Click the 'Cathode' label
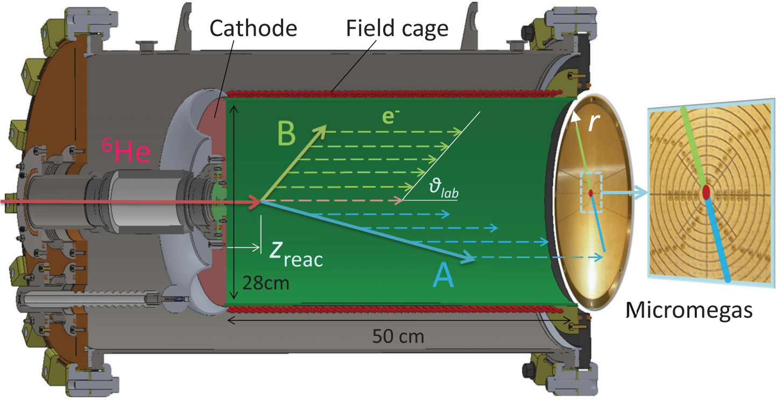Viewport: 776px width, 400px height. point(253,28)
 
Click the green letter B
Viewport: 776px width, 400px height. point(286,134)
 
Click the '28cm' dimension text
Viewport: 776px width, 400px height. point(266,282)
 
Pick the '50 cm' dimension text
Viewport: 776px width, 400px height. point(398,337)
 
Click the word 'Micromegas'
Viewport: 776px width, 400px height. point(691,310)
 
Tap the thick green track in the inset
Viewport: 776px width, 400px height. point(694,146)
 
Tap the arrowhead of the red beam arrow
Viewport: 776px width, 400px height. point(257,202)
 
